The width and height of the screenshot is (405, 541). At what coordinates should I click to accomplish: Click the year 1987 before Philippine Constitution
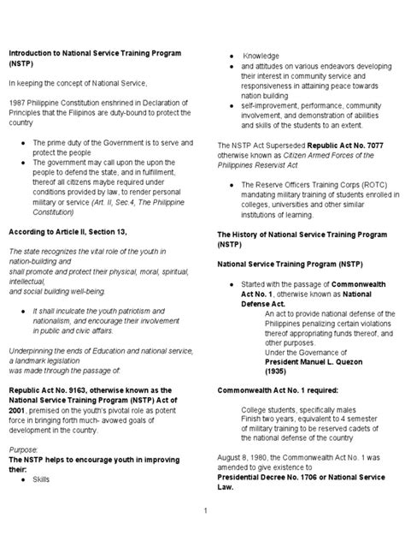tap(16, 102)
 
